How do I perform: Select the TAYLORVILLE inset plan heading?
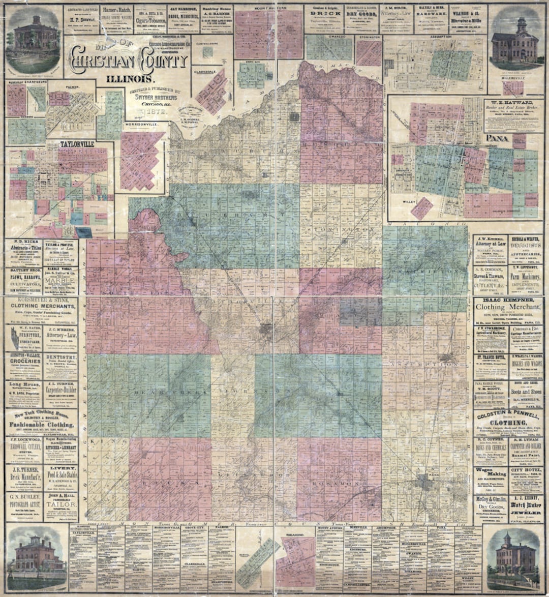pyautogui.click(x=78, y=144)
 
